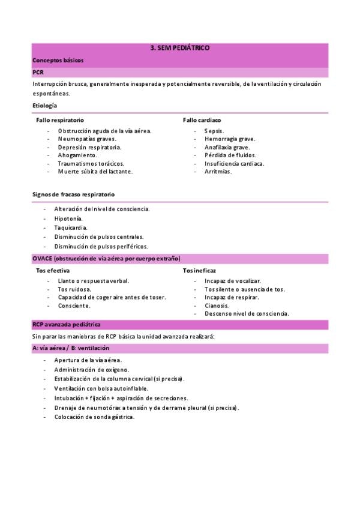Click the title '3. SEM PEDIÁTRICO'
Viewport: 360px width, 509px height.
(179, 48)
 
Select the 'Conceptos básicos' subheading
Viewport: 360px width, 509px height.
(58, 60)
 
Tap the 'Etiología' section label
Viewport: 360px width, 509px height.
(45, 106)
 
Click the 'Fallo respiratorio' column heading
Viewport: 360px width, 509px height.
(59, 120)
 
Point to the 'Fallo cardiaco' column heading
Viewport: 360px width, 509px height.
(202, 120)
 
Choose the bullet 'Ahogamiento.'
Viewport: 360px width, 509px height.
(77, 155)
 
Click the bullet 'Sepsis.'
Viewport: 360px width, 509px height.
(214, 130)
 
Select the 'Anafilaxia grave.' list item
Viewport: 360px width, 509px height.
(227, 147)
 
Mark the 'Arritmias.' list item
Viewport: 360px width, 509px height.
(218, 172)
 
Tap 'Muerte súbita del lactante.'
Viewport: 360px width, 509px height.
(95, 172)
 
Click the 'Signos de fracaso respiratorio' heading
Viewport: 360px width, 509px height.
(73, 194)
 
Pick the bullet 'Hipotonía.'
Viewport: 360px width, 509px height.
(68, 218)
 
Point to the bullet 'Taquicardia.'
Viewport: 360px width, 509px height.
(71, 227)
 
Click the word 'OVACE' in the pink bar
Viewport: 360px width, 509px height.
(42, 259)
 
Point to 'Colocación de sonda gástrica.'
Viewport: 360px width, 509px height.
(94, 417)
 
